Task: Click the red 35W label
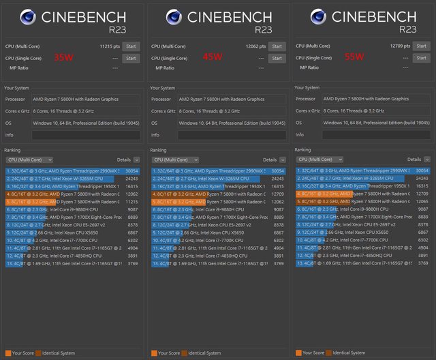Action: pos(63,58)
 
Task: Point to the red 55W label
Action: pos(354,57)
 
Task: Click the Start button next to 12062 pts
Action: pos(276,46)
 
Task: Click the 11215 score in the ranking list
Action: pos(131,202)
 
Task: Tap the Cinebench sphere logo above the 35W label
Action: pos(29,18)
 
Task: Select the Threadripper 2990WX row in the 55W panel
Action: pos(361,170)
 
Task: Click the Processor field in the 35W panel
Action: pos(85,99)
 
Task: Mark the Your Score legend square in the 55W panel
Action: pos(298,353)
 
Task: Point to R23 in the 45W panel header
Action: pos(263,29)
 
